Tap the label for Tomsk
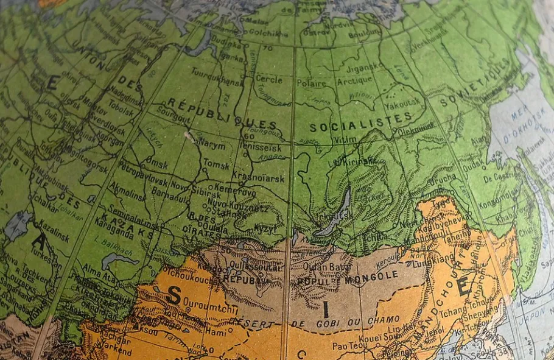(x=216, y=164)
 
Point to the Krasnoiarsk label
(x=258, y=178)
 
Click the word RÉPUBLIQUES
(x=222, y=113)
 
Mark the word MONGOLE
(x=374, y=275)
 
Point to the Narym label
(x=212, y=146)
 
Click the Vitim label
(x=346, y=140)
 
